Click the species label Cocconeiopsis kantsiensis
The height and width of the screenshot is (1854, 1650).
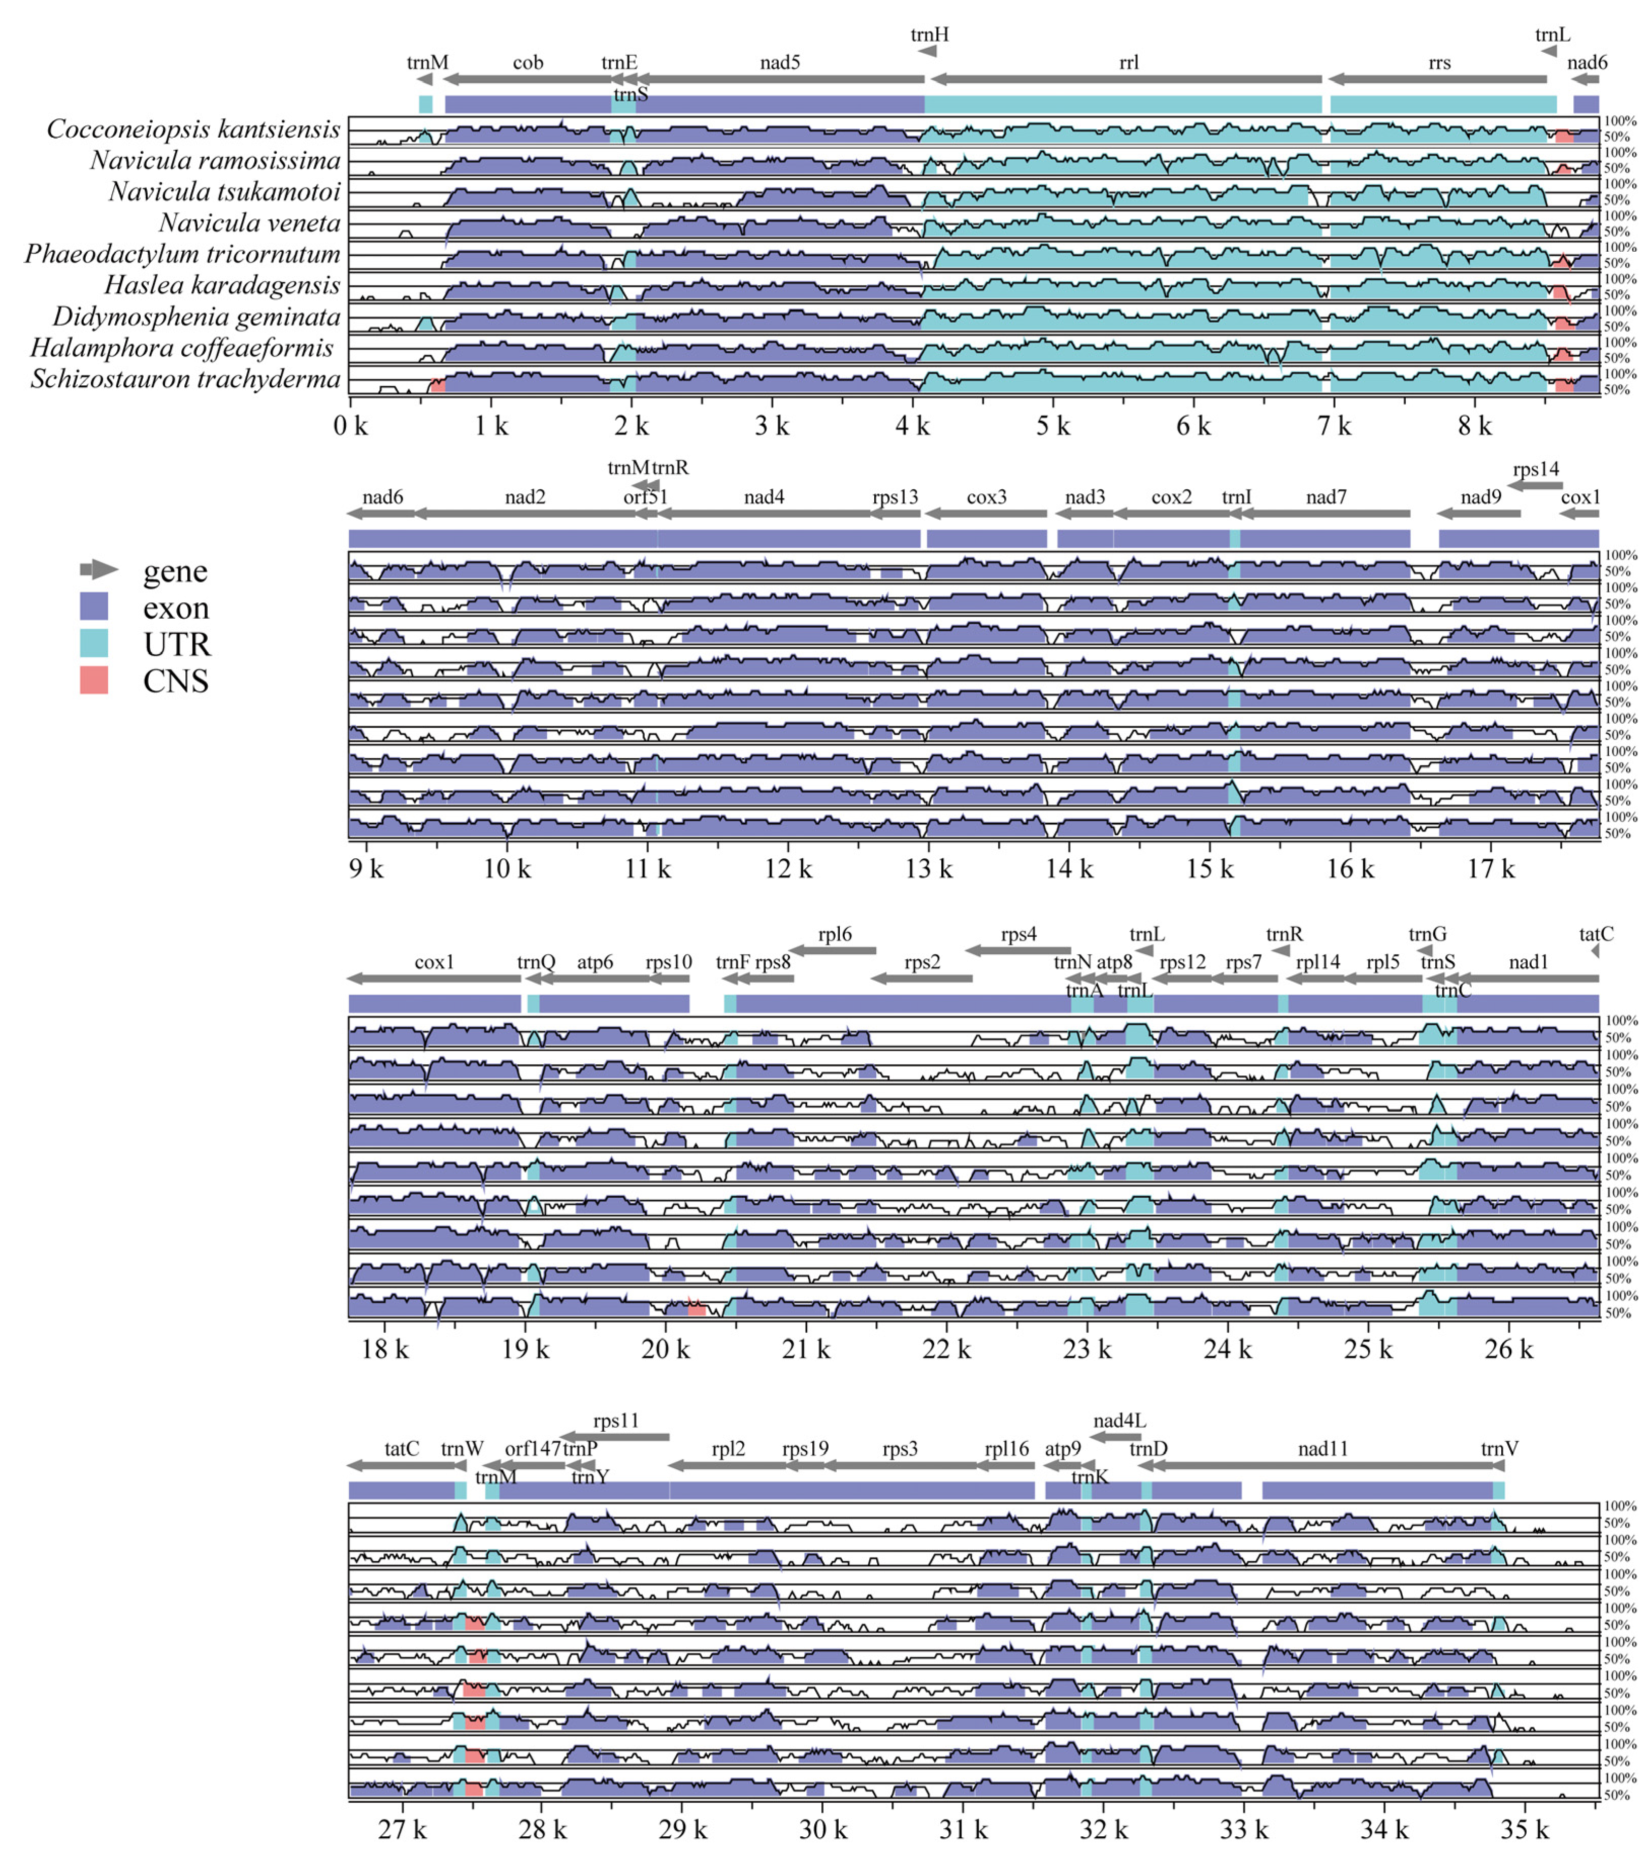tap(193, 130)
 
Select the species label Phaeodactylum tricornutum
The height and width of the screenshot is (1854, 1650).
tap(182, 255)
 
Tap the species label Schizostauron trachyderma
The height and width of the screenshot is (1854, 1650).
tap(185, 380)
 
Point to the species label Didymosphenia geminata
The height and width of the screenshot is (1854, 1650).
tap(196, 318)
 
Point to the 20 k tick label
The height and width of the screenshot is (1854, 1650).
tap(665, 1350)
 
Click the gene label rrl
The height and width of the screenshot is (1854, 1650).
tap(1129, 62)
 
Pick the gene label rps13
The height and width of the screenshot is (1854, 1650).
tap(895, 497)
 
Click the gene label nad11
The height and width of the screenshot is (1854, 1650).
tap(1323, 1448)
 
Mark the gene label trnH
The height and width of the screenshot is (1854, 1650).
tap(930, 35)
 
